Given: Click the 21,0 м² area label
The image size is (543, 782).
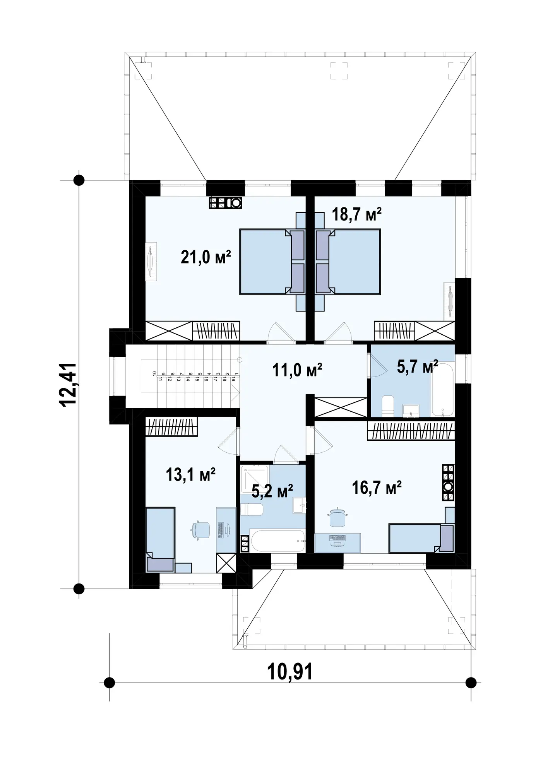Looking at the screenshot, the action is pyautogui.click(x=206, y=257).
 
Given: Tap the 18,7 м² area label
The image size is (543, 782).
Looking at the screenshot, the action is pyautogui.click(x=357, y=214).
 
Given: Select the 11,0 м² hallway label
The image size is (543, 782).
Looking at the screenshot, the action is pyautogui.click(x=297, y=370).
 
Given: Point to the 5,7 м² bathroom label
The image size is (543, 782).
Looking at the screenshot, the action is pyautogui.click(x=418, y=366).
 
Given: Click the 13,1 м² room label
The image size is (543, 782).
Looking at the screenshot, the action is pyautogui.click(x=191, y=474).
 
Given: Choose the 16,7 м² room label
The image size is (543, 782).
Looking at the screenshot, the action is pyautogui.click(x=377, y=488).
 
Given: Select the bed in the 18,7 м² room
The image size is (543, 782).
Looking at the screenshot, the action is pyautogui.click(x=348, y=262).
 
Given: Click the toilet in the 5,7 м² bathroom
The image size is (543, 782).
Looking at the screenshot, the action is pyautogui.click(x=387, y=406).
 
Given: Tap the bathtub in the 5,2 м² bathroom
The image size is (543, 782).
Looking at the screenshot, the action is pyautogui.click(x=276, y=541).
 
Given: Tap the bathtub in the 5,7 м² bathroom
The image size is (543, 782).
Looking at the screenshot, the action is pyautogui.click(x=443, y=389).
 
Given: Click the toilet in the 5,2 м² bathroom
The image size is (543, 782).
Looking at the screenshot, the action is pyautogui.click(x=252, y=509).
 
